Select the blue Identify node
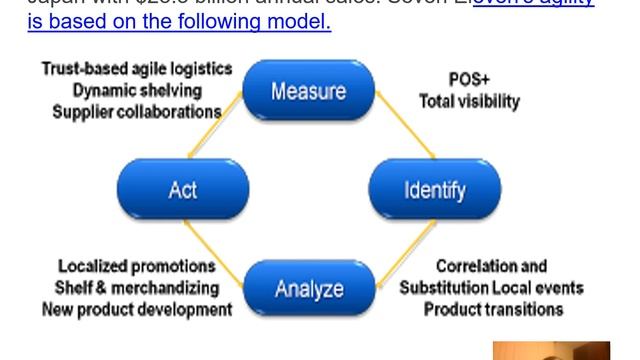[434, 189]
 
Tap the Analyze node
[308, 289]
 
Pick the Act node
[182, 189]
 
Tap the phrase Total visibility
[469, 101]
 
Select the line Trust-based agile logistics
[137, 69]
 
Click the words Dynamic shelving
[137, 90]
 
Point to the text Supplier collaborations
[137, 111]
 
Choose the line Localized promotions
[136, 267]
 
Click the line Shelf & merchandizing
[137, 288]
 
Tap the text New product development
[137, 309]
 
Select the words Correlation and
[491, 267]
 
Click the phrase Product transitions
[493, 309]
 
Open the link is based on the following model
[179, 19]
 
